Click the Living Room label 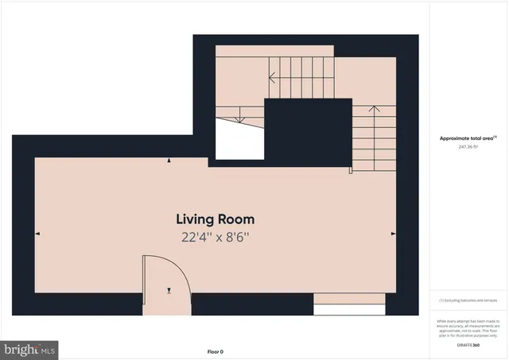coord(215,219)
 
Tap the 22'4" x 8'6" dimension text coord(215,236)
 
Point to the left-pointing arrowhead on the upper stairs coord(272,78)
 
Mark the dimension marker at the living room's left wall coord(37,234)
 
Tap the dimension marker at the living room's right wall coord(392,234)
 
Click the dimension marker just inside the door coord(169,290)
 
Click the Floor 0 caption coord(215,351)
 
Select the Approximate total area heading coord(468,137)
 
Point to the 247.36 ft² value coord(468,147)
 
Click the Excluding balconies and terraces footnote coord(468,301)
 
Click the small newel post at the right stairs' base coord(350,169)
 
